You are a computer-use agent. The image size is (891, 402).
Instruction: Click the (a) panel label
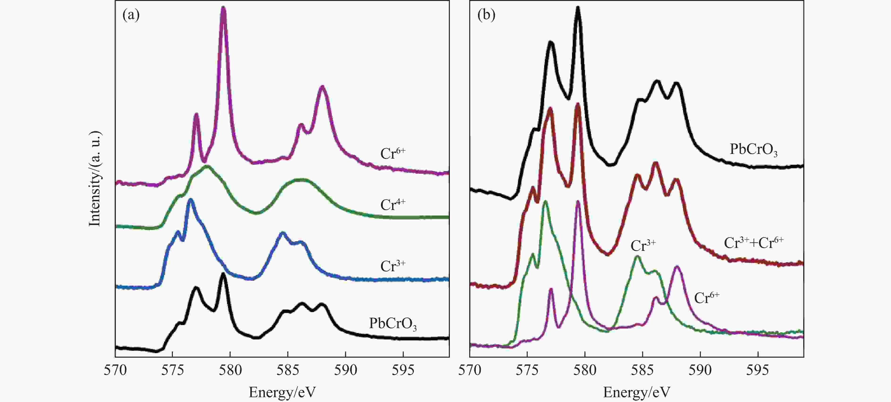(x=131, y=16)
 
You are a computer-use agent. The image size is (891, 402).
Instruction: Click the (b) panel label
(x=486, y=16)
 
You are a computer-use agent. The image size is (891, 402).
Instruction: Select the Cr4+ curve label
(x=393, y=205)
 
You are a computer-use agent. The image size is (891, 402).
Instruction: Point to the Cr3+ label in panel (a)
(x=393, y=266)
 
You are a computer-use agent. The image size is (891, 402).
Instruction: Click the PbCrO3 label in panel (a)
(x=393, y=324)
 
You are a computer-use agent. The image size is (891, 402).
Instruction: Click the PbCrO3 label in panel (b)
(x=753, y=150)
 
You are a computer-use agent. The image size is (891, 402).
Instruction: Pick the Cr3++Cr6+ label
(x=753, y=243)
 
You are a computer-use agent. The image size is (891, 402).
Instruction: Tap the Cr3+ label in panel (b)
(x=643, y=246)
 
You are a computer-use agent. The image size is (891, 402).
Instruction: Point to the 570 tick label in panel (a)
(x=115, y=370)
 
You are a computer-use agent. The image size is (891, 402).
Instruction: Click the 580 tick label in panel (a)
(x=230, y=370)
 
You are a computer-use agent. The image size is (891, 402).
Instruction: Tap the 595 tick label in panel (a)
(x=403, y=370)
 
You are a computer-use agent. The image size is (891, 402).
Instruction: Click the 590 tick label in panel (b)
(x=700, y=370)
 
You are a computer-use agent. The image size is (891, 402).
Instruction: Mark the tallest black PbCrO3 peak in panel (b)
(x=578, y=9)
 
